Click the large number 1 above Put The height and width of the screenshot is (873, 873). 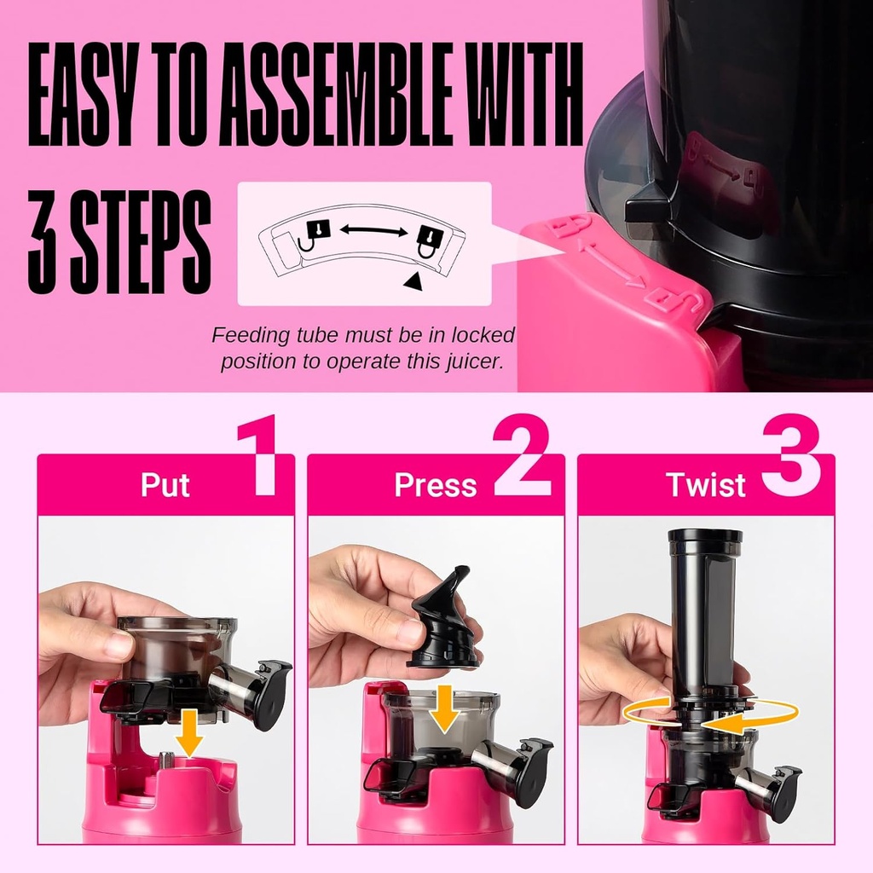pyautogui.click(x=258, y=455)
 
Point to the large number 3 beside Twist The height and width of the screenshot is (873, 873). pyautogui.click(x=790, y=455)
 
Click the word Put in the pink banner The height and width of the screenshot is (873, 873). pyautogui.click(x=165, y=485)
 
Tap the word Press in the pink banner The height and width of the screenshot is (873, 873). pyautogui.click(x=435, y=485)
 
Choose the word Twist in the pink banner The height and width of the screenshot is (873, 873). pyautogui.click(x=706, y=485)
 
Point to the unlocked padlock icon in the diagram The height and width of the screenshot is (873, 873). pyautogui.click(x=314, y=234)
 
